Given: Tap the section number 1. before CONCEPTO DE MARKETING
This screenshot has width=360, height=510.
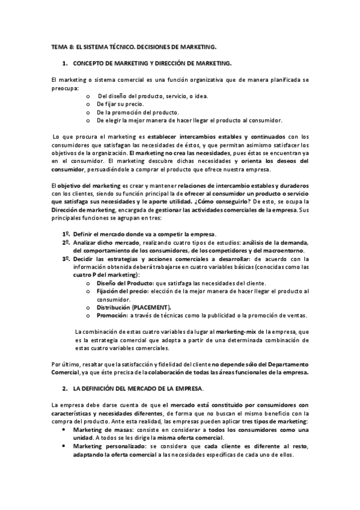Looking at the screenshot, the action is coord(64,63).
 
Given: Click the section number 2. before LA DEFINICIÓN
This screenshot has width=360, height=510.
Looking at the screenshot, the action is coord(64,390).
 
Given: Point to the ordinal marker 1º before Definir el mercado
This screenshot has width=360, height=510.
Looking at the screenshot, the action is coord(66,234).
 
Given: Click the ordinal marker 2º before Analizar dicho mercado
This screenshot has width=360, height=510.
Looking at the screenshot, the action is coord(66,242).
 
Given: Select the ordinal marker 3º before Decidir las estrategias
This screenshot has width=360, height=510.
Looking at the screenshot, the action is coord(66,259).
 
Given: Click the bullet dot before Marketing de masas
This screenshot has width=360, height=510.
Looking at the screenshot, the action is coord(64,430).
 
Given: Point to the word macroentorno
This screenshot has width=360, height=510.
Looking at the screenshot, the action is coord(284,250).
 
